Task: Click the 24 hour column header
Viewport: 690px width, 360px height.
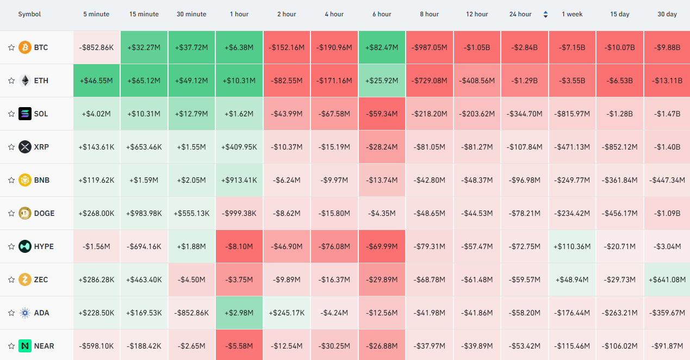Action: [520, 14]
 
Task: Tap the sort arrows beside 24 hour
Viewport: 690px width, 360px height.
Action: [545, 14]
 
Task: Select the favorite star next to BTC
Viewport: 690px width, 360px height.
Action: [11, 47]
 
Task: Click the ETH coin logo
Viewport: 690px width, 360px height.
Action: [25, 80]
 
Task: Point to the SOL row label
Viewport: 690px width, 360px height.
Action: [41, 114]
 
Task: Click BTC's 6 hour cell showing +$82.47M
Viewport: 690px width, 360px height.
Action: [382, 47]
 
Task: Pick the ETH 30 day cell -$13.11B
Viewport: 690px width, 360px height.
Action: [667, 80]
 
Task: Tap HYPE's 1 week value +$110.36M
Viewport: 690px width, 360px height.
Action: [572, 247]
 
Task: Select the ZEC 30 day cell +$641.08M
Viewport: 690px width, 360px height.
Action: [667, 280]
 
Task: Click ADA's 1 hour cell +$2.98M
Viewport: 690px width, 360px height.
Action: [239, 313]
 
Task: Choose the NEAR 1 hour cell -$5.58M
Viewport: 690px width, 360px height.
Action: [239, 346]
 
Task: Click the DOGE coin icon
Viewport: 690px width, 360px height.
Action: [25, 213]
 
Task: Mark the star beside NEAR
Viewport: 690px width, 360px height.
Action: [11, 346]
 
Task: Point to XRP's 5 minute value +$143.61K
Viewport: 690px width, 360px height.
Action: [96, 147]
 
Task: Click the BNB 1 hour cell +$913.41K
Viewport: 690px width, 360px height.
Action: [239, 180]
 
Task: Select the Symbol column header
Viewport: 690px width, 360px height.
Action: [29, 14]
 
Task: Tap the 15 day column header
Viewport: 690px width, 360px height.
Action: [620, 14]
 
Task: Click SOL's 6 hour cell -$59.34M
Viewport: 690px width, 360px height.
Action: [382, 114]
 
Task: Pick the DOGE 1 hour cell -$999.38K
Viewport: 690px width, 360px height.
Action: [239, 213]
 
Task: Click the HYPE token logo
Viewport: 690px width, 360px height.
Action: [25, 247]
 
